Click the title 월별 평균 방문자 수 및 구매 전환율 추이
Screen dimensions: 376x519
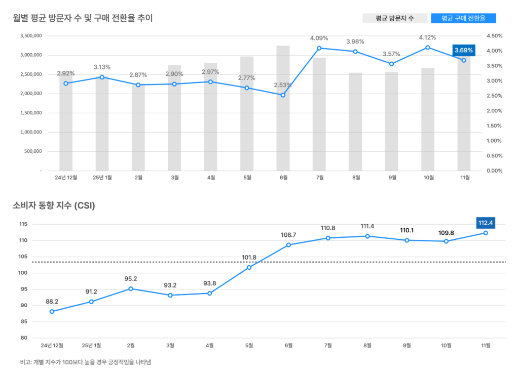(x=83, y=18)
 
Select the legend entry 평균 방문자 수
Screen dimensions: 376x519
(x=395, y=18)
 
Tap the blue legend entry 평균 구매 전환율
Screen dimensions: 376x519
(x=463, y=18)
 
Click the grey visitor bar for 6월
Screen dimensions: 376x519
(x=283, y=132)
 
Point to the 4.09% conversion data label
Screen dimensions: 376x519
(x=319, y=38)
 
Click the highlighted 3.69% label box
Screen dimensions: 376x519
(x=463, y=50)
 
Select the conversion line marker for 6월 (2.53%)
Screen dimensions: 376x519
(x=283, y=95)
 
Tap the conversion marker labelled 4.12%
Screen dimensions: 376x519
(x=428, y=48)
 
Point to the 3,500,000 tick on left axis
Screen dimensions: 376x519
(x=31, y=36)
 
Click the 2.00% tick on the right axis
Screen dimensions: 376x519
(x=494, y=111)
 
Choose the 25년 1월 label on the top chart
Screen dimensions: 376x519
(x=102, y=178)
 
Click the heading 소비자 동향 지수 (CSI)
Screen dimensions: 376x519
(x=54, y=205)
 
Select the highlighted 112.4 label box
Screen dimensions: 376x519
(x=486, y=222)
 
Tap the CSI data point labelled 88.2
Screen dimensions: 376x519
(x=52, y=311)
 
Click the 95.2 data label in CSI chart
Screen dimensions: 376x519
(x=131, y=279)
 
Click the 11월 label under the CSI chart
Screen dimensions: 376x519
(x=486, y=346)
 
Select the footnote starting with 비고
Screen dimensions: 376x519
(x=82, y=362)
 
